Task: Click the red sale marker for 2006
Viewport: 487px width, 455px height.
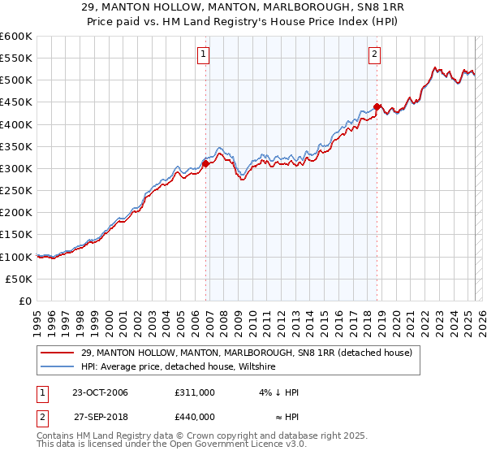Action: (206, 163)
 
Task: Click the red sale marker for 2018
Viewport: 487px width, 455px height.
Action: (377, 106)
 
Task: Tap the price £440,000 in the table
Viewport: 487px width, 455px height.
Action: (195, 416)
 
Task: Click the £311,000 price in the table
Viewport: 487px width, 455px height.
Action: (195, 392)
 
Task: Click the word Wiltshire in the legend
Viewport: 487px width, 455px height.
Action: (255, 367)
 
